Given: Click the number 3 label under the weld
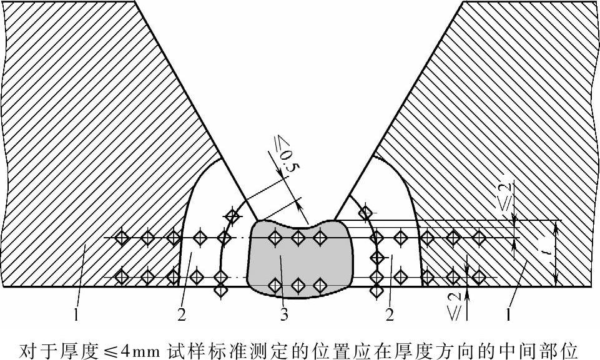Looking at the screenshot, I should pos(284,315).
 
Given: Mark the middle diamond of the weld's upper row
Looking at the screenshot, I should pos(298,237).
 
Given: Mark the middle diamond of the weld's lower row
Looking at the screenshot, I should pos(298,285).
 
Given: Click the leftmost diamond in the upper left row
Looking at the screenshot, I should pos(122,237).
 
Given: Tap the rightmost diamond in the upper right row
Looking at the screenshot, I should pos(479,237).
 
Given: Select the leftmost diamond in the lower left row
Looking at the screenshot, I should pos(122,275).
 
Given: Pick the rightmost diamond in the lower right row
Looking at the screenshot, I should pos(479,275).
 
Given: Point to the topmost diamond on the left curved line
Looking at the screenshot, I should pos(232,216).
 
